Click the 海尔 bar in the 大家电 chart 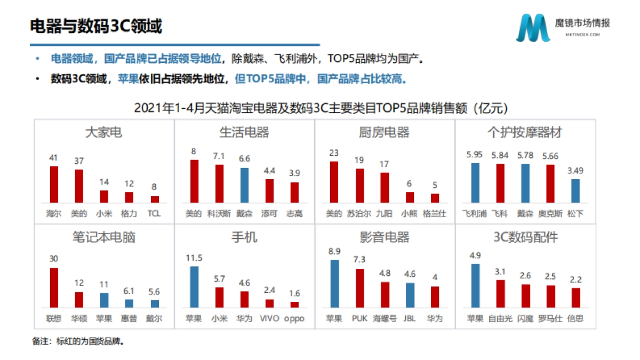(54, 185)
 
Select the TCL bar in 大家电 (155, 199)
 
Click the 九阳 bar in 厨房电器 (384, 187)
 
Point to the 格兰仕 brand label (434, 214)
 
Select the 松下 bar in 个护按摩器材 (575, 190)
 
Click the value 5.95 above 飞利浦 (475, 155)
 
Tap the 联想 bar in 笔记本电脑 (54, 287)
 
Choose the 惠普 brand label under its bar (129, 318)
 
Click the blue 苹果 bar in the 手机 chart (194, 287)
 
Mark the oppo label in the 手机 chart (294, 318)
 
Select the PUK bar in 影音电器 (360, 288)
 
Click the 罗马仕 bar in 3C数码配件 (550, 297)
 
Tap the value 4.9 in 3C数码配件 (475, 255)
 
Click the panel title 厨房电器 (384, 132)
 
